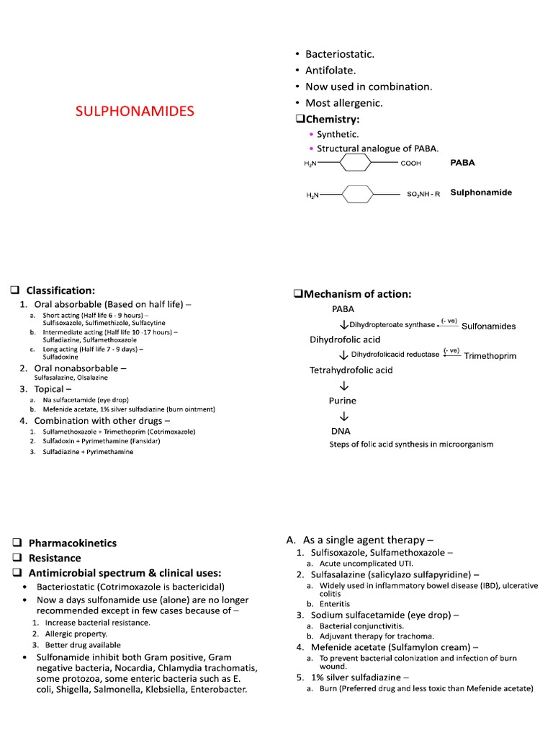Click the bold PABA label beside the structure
click(x=462, y=163)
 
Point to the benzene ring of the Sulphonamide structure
click(x=357, y=195)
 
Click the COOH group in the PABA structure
click(x=410, y=164)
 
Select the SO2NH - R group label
click(x=423, y=195)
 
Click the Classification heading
click(x=61, y=290)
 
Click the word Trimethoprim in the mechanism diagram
click(x=490, y=356)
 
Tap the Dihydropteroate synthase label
click(x=392, y=325)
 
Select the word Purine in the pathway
click(x=343, y=401)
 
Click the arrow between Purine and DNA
click(x=343, y=417)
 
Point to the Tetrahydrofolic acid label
click(x=351, y=370)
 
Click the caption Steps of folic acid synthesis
click(x=411, y=445)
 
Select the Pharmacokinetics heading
click(x=72, y=543)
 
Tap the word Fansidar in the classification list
click(x=144, y=441)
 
